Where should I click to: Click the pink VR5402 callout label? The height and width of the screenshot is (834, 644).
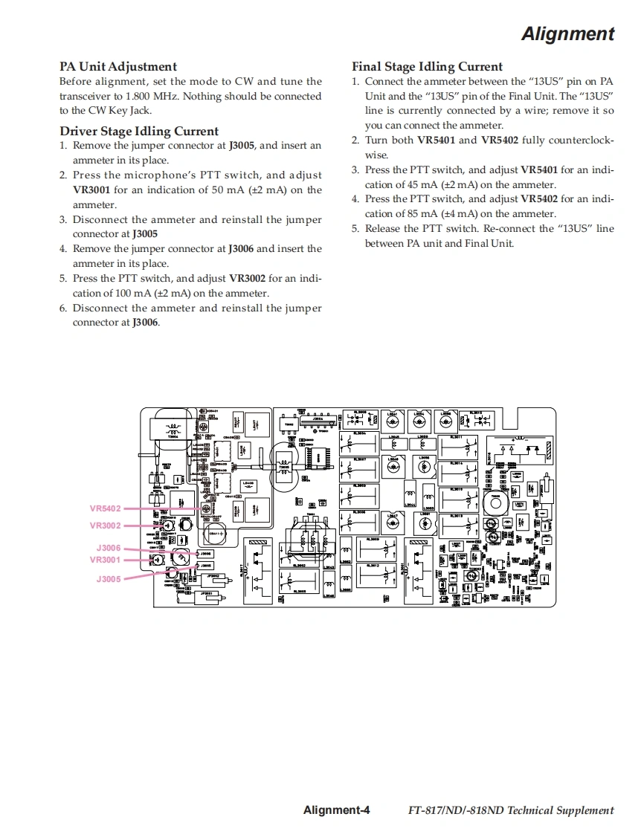pos(105,509)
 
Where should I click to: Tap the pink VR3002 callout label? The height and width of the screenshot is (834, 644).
pos(105,526)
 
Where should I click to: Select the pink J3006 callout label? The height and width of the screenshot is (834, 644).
pos(108,549)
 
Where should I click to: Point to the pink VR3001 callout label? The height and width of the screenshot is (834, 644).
pos(105,560)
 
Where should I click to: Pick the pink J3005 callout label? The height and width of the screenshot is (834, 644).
pos(108,578)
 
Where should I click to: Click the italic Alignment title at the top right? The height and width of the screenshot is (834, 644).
pos(567,34)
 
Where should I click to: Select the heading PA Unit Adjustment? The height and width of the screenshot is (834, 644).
pos(118,67)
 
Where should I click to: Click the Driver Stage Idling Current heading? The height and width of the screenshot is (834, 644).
pos(139,132)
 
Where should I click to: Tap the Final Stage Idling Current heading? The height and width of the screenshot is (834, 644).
pos(427,67)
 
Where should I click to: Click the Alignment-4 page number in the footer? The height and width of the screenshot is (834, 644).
pos(336,810)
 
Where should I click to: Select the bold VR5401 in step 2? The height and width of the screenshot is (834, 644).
pos(436,140)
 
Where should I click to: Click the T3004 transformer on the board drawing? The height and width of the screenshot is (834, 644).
pos(173,429)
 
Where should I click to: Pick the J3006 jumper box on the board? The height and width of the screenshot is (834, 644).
pos(205,553)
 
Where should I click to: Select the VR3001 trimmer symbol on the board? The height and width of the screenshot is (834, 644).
pos(158,559)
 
